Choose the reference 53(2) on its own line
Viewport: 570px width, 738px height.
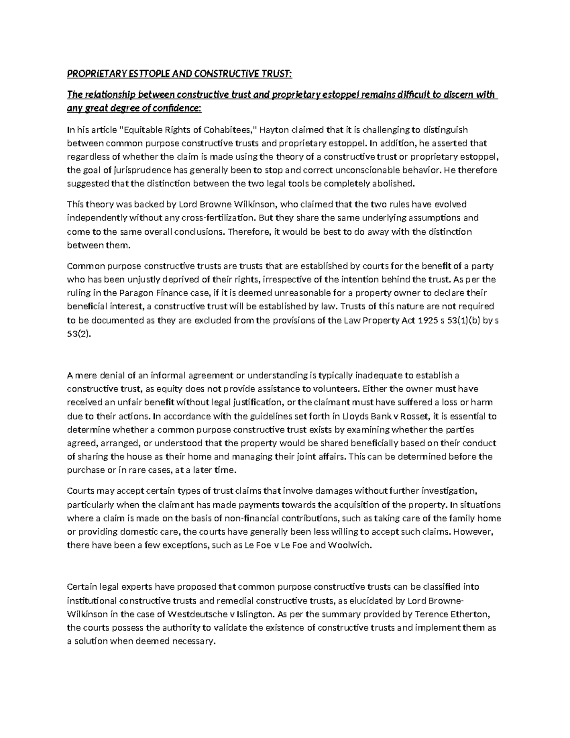click(77, 334)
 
